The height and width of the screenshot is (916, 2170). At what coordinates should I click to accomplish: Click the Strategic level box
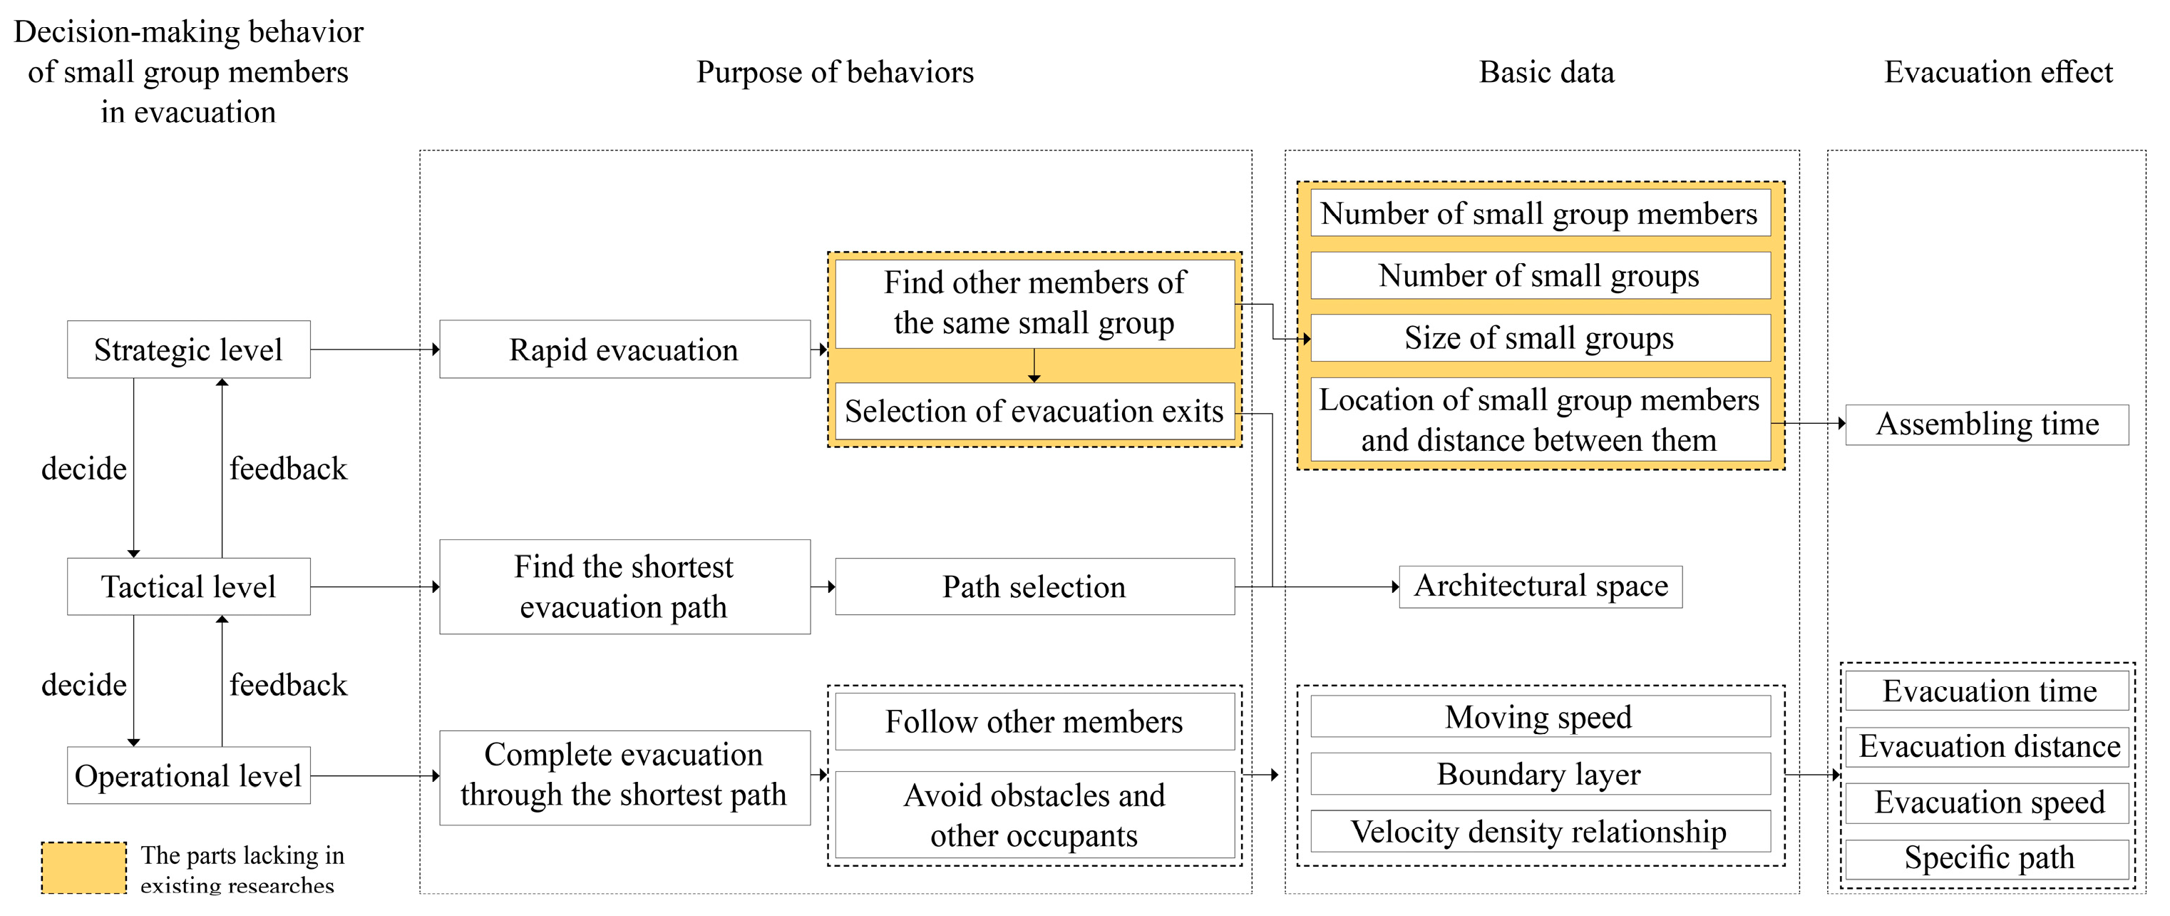click(x=188, y=350)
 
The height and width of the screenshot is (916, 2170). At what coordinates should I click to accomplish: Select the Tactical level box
click(x=188, y=586)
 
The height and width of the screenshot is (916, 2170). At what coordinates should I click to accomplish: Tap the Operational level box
click(x=188, y=775)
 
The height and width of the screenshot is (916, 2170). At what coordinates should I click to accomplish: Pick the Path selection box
click(x=1034, y=586)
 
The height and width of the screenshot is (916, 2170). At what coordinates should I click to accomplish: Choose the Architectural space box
click(x=1540, y=586)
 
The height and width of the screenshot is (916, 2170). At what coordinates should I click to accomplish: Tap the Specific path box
click(x=1988, y=858)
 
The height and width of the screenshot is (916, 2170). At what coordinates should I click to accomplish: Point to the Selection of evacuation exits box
click(x=1034, y=411)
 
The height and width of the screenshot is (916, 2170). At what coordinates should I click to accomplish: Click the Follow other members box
click(x=1034, y=721)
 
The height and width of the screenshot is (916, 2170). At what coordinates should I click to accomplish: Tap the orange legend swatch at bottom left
click(x=83, y=868)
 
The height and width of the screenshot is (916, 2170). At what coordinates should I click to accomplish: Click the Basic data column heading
click(x=1547, y=73)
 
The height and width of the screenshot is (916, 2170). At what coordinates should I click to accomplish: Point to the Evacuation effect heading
click(x=1998, y=73)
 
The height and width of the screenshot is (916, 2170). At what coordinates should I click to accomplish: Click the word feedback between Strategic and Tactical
click(x=288, y=469)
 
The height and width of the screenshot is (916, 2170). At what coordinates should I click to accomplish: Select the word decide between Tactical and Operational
click(x=84, y=684)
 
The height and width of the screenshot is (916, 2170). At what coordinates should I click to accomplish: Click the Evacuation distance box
click(x=1988, y=747)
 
